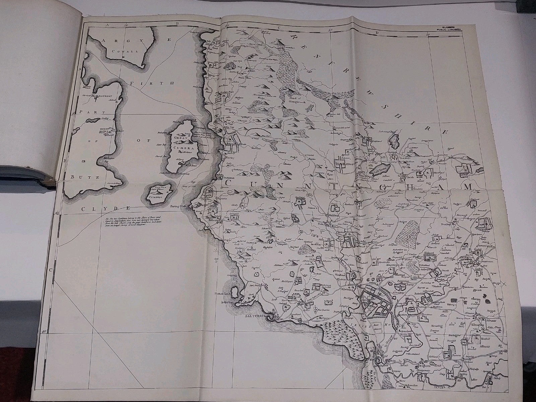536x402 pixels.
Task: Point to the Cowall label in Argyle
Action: coord(121,52)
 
